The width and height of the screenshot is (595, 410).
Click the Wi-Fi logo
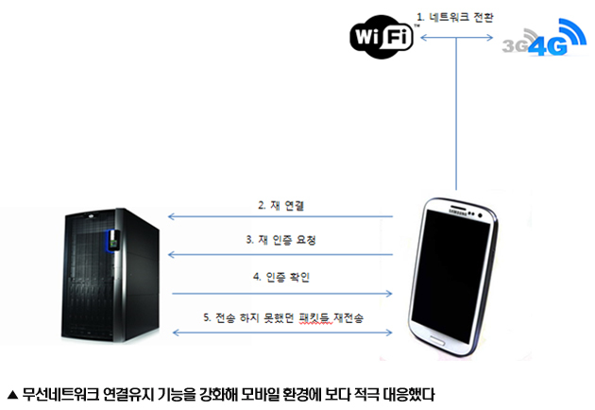[x=382, y=37]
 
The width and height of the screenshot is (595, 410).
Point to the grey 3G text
[x=515, y=45]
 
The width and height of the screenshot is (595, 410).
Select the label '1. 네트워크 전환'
[x=455, y=17]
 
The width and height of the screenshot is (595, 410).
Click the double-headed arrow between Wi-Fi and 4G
[x=456, y=37]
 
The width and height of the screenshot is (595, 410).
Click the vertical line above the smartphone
[x=456, y=113]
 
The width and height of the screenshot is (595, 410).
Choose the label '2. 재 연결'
[x=281, y=205]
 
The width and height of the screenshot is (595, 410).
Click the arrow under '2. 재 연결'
[x=280, y=216]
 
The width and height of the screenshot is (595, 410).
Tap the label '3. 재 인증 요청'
[x=280, y=240]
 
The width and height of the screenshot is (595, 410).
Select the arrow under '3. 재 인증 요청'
[x=280, y=255]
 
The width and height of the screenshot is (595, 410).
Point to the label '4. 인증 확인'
[x=281, y=277]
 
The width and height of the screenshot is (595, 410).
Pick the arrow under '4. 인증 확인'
[x=282, y=294]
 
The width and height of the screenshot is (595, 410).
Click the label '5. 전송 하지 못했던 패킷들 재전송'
[x=283, y=317]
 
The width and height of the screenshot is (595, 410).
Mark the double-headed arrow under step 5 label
[x=282, y=333]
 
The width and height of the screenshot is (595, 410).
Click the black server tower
[x=110, y=275]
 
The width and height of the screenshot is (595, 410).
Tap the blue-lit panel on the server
[x=112, y=240]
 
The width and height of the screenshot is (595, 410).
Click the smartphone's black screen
[x=450, y=277]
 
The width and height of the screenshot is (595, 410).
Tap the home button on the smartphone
[x=436, y=340]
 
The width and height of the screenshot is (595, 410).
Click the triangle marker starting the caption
[x=12, y=395]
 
